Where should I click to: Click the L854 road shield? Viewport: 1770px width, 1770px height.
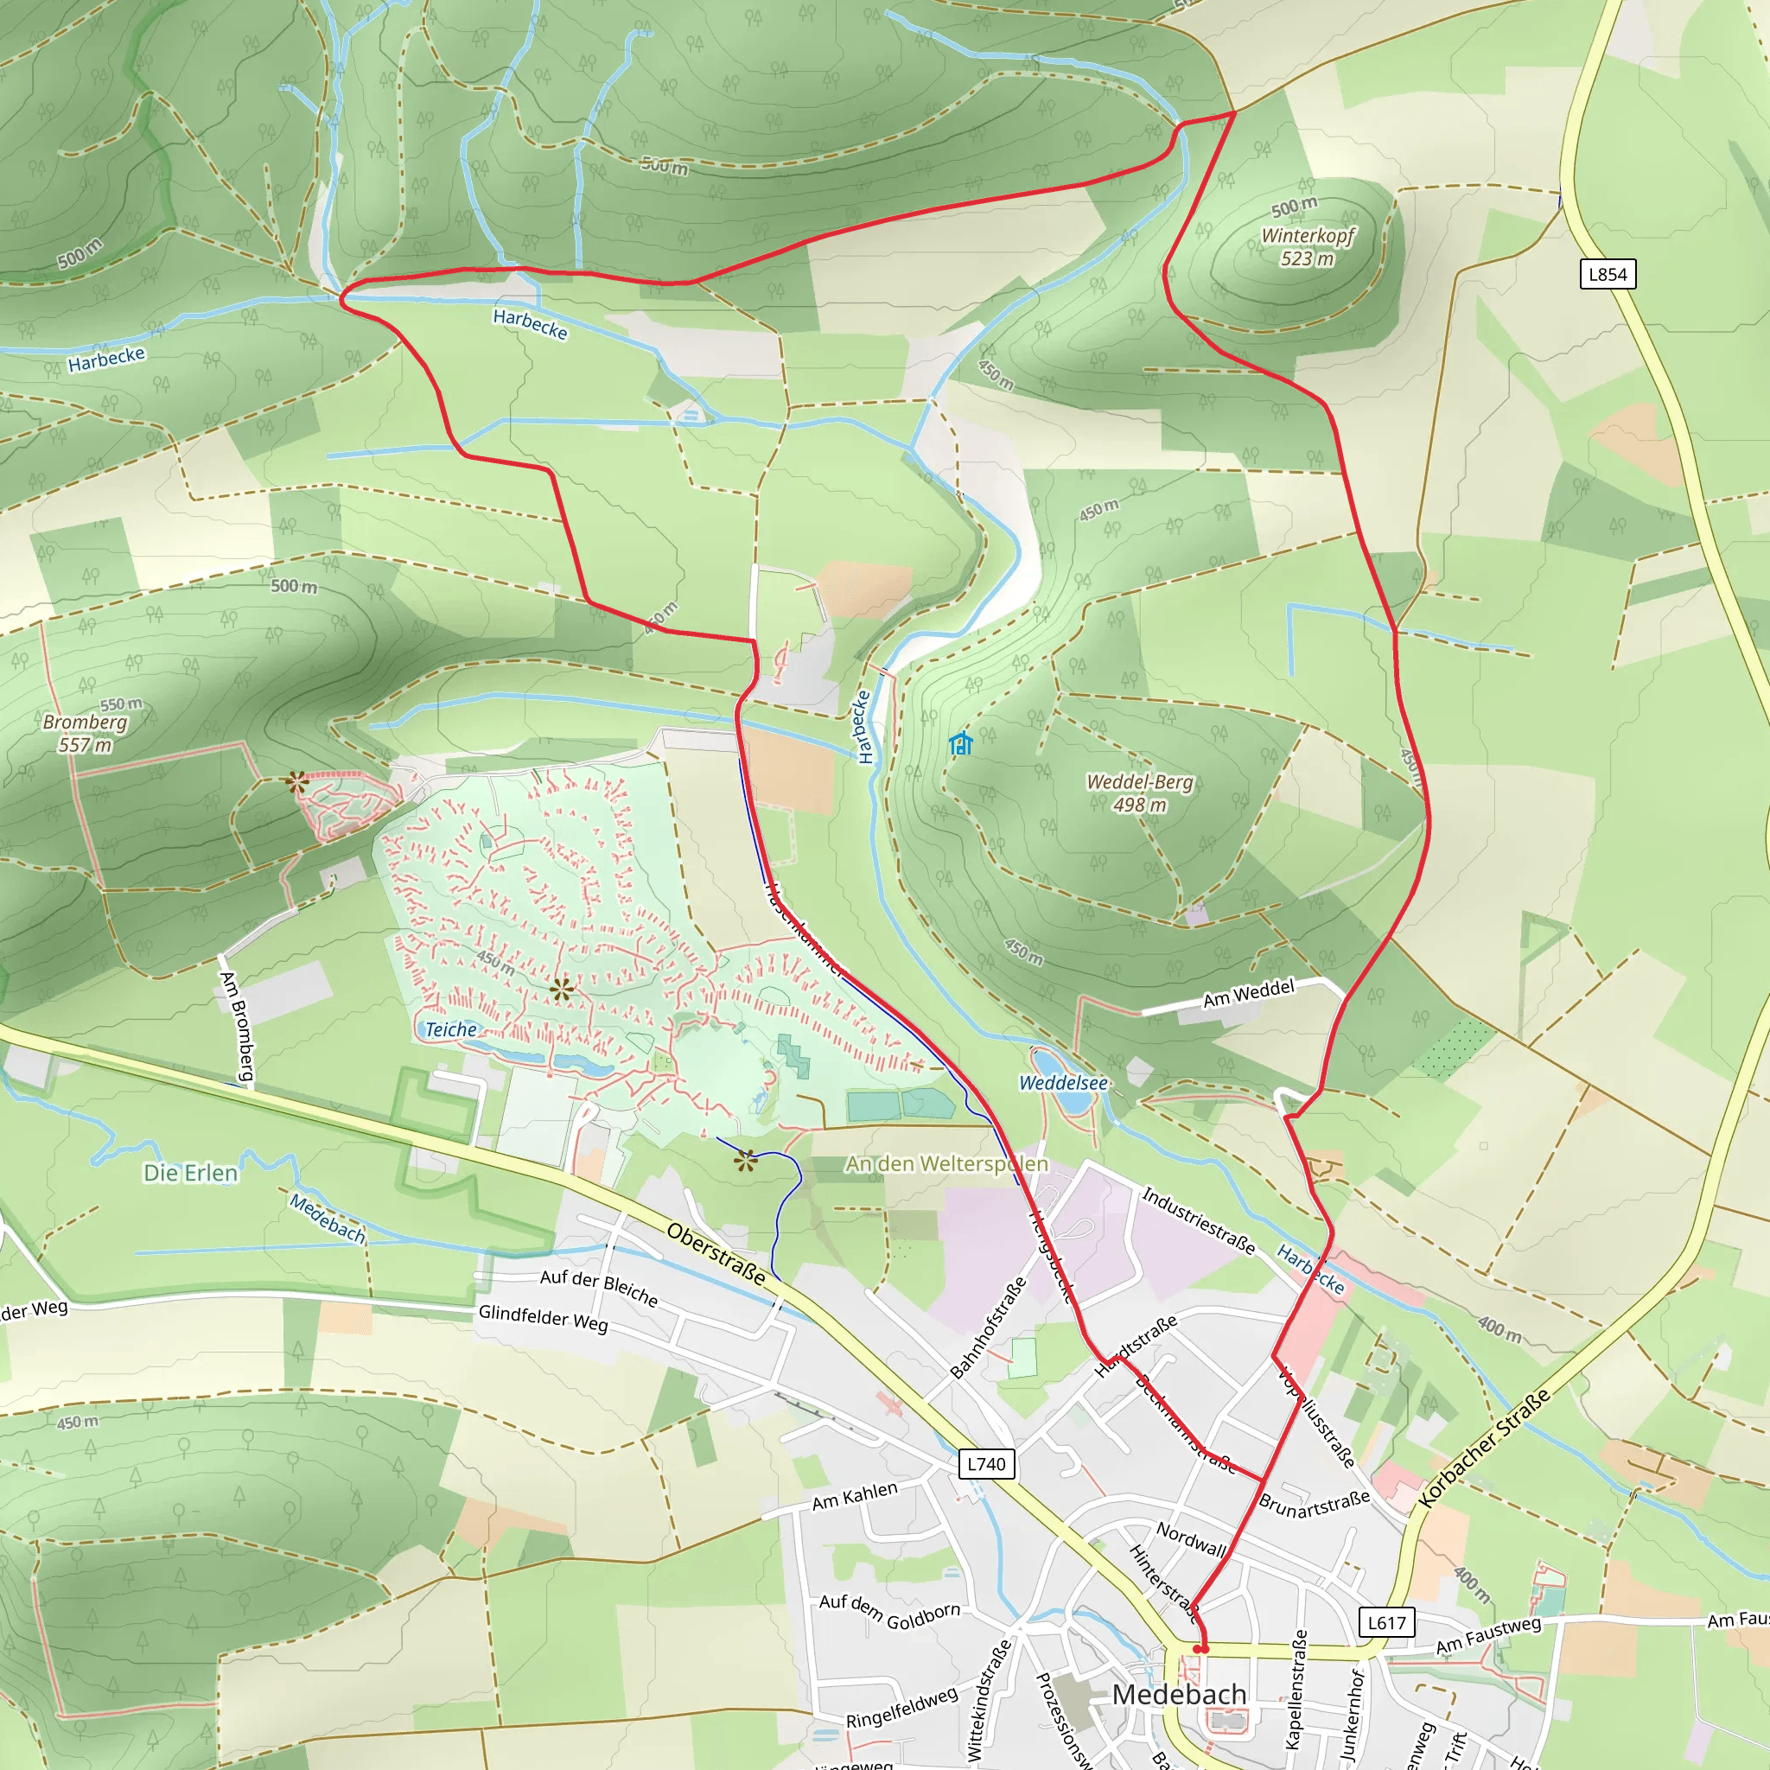pyautogui.click(x=1608, y=274)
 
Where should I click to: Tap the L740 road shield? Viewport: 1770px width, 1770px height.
pyautogui.click(x=987, y=1464)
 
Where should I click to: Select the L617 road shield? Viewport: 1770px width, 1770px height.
pyautogui.click(x=1386, y=1623)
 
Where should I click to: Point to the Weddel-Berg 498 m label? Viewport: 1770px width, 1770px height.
pyautogui.click(x=1140, y=793)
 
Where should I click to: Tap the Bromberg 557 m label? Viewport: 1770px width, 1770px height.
pyautogui.click(x=86, y=733)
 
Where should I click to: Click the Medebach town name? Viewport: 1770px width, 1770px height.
pyautogui.click(x=1179, y=1694)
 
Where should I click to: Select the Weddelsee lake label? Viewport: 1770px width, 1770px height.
pyautogui.click(x=1064, y=1083)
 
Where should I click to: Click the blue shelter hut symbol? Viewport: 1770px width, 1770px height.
pyautogui.click(x=960, y=743)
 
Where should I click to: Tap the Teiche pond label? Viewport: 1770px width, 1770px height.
pyautogui.click(x=451, y=1029)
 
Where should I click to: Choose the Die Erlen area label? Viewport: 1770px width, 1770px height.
pyautogui.click(x=190, y=1173)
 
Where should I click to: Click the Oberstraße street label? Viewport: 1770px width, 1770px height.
pyautogui.click(x=716, y=1254)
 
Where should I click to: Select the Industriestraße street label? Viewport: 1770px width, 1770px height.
pyautogui.click(x=1199, y=1220)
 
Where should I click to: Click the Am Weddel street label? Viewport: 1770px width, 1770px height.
pyautogui.click(x=1249, y=994)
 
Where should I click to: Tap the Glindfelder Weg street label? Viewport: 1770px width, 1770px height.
pyautogui.click(x=543, y=1318)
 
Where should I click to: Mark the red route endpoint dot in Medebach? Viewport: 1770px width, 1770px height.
pyautogui.click(x=1201, y=1649)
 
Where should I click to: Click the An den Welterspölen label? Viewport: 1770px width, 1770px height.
pyautogui.click(x=946, y=1163)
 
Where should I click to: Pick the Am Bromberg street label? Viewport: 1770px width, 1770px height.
pyautogui.click(x=236, y=1026)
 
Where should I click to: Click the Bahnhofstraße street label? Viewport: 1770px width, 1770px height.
pyautogui.click(x=988, y=1327)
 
